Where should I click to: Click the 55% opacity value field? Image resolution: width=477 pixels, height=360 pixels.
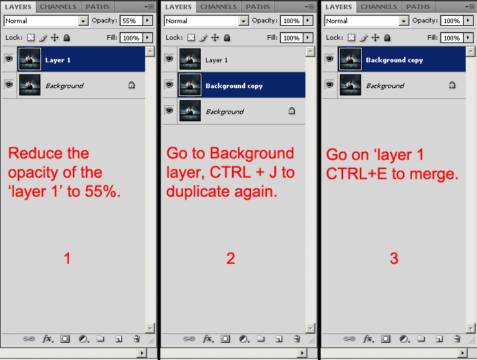131,21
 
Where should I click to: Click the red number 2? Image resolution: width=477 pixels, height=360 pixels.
231,259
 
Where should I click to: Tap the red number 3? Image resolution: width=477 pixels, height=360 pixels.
394,259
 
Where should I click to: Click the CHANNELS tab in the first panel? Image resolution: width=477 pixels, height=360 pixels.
58,7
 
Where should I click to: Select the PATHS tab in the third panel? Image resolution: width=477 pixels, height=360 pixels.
418,7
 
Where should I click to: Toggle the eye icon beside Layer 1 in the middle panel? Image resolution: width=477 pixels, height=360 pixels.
169,58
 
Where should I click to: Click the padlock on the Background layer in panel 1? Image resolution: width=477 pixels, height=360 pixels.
131,85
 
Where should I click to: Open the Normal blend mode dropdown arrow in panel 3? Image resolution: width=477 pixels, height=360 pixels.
403,21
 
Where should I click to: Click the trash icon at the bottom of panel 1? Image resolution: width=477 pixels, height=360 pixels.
136,339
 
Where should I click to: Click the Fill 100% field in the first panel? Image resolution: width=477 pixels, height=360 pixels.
131,38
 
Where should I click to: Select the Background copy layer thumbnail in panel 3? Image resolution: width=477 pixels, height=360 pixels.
350,59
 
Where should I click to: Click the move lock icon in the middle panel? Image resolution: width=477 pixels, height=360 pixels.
215,37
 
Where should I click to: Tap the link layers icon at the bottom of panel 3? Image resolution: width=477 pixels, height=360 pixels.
349,339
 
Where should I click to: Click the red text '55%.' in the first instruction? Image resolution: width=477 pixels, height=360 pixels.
103,192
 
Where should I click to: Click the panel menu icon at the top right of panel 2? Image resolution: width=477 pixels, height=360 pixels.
309,7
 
